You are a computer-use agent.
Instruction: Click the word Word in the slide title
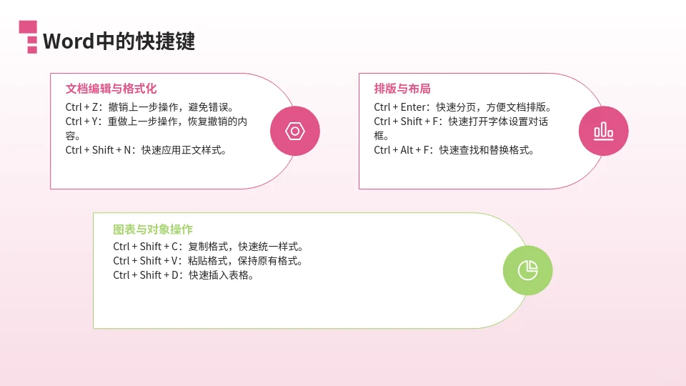pos(69,41)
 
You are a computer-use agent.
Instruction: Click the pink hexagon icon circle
pos(295,131)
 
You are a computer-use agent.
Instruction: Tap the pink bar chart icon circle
pos(603,131)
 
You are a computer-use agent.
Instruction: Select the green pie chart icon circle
pos(527,270)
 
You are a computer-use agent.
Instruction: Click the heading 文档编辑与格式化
pos(111,89)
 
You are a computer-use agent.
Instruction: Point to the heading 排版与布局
pos(402,89)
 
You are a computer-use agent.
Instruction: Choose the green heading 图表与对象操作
pos(153,229)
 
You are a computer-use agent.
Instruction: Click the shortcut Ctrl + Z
pos(83,107)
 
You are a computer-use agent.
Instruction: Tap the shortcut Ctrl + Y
pos(83,122)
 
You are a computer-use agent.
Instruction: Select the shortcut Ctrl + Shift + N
pos(99,150)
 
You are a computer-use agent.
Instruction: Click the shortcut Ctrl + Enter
pos(401,107)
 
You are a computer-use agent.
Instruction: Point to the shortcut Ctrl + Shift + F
pos(407,122)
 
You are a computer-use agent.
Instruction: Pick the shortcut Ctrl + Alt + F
pos(403,150)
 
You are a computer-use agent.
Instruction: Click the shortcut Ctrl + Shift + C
pos(147,247)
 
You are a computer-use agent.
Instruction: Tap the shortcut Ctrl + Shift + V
pos(147,261)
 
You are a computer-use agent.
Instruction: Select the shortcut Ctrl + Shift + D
pos(147,275)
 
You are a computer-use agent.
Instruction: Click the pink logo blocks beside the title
pos(28,36)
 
